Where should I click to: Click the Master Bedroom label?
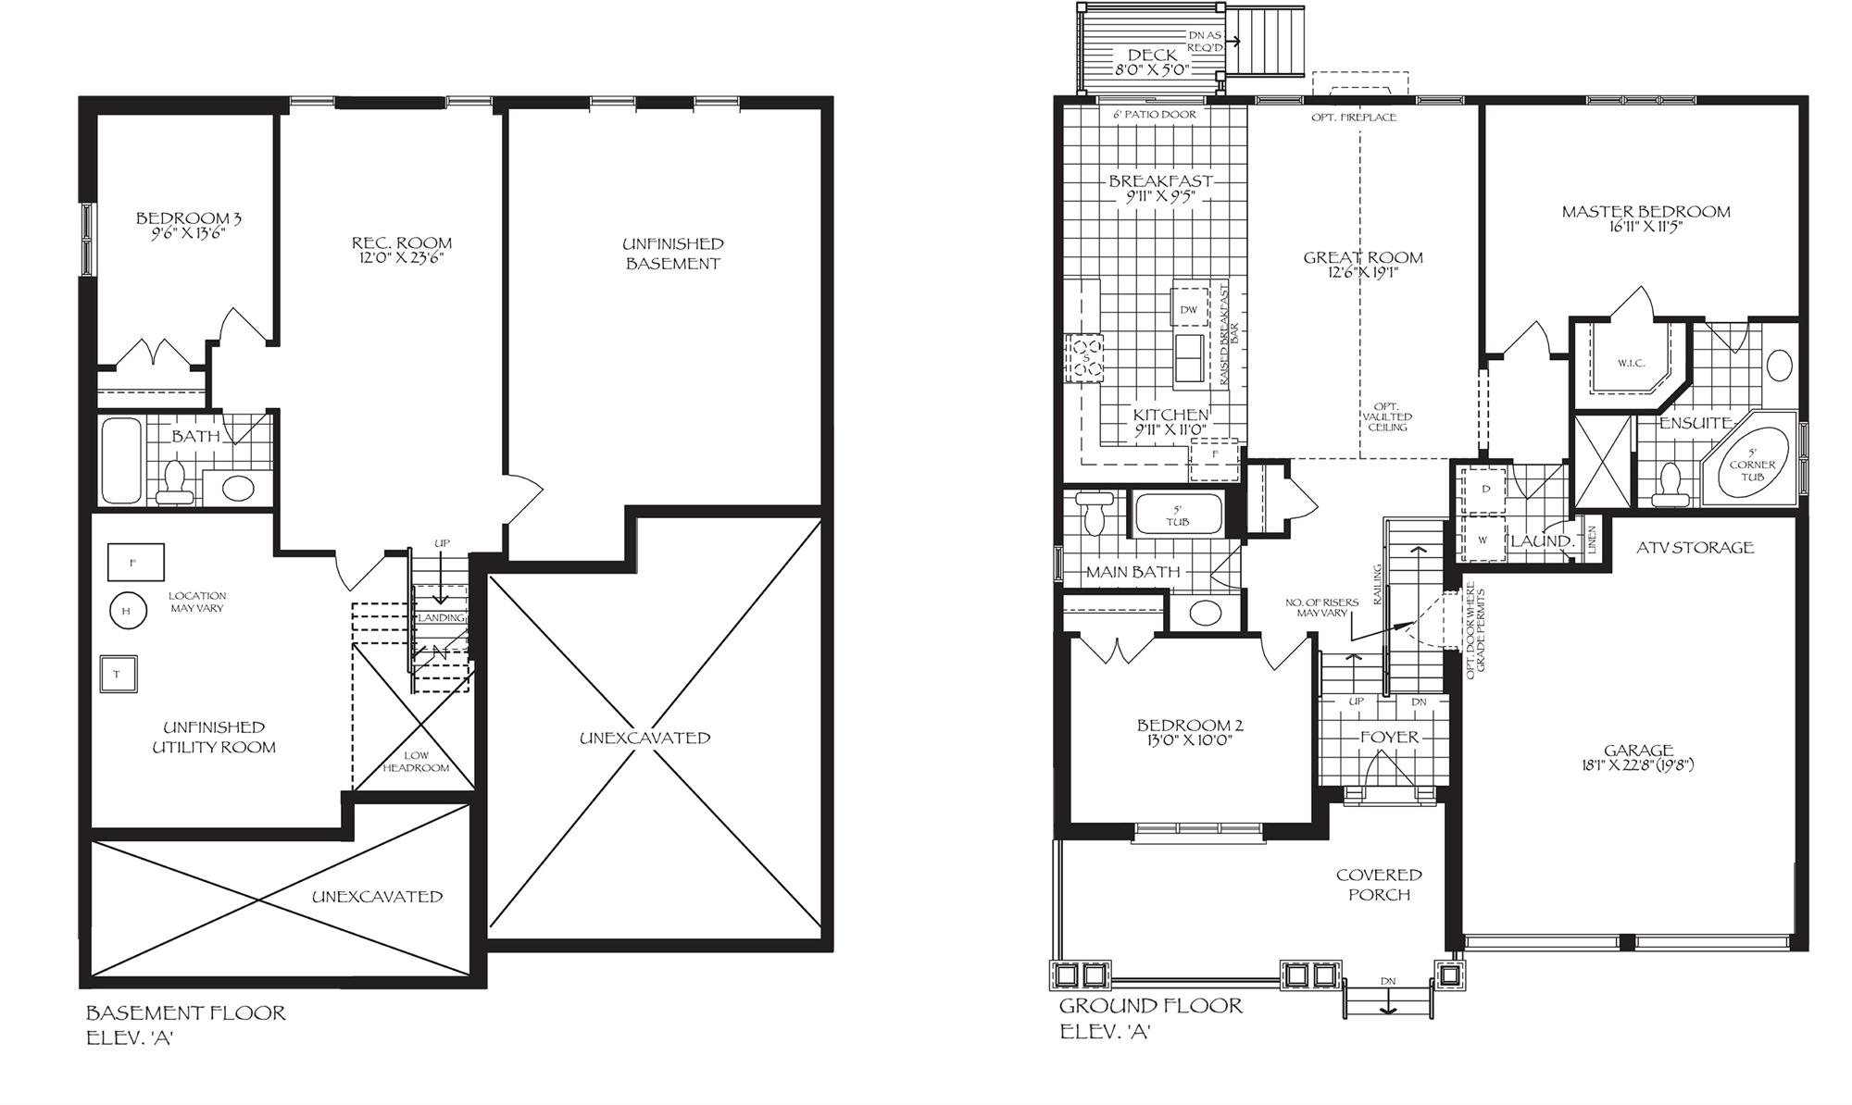click(1646, 212)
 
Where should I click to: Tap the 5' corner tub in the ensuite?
click(1752, 464)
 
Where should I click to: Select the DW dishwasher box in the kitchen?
click(1189, 309)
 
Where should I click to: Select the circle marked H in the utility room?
click(127, 610)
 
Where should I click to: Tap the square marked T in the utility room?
click(118, 674)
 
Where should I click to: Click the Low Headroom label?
click(416, 762)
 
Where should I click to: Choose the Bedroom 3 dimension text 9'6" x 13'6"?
click(189, 233)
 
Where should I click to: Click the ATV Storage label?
click(1695, 548)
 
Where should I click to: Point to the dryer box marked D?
click(1485, 490)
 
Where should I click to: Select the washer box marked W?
click(1483, 540)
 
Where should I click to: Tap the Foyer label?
click(1389, 737)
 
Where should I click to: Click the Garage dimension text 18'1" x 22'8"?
click(1638, 765)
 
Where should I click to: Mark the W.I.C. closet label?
click(1631, 363)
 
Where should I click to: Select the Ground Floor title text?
click(1151, 1006)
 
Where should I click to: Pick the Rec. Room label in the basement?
click(402, 243)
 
